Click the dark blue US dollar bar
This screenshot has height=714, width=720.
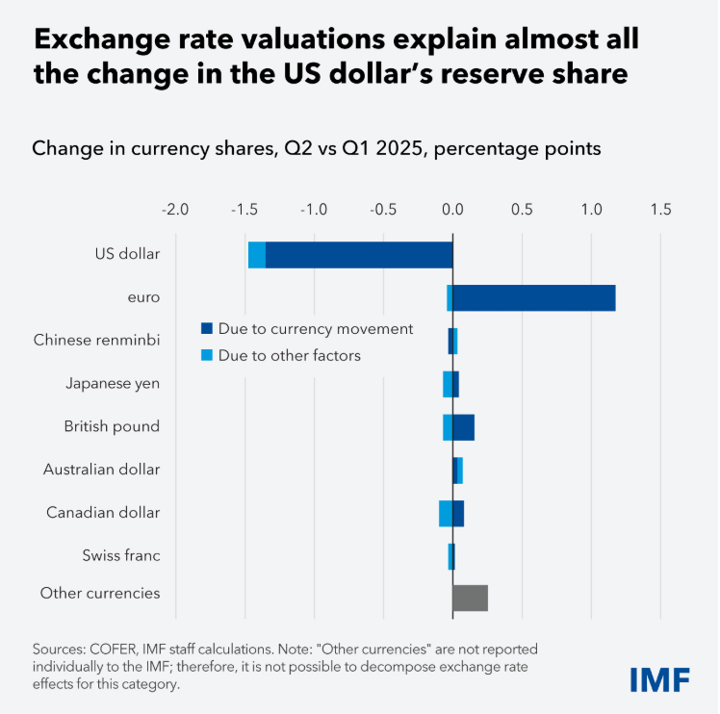click(358, 255)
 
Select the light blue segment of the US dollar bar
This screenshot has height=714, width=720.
click(256, 255)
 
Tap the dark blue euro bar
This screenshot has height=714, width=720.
click(533, 298)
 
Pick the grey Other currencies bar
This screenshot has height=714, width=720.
click(470, 598)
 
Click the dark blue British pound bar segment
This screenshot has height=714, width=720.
click(463, 427)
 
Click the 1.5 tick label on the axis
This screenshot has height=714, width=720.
click(660, 209)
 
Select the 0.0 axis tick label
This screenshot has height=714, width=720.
click(452, 209)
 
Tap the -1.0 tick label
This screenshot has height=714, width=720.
click(314, 209)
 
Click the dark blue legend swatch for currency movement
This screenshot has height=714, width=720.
click(206, 328)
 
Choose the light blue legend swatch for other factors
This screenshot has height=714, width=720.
click(206, 355)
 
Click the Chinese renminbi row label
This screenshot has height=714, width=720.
click(96, 340)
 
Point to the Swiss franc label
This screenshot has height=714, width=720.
click(121, 555)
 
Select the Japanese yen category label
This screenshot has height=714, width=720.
click(113, 383)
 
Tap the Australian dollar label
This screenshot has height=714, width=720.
click(101, 470)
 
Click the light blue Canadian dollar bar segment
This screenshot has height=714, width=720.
click(445, 513)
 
